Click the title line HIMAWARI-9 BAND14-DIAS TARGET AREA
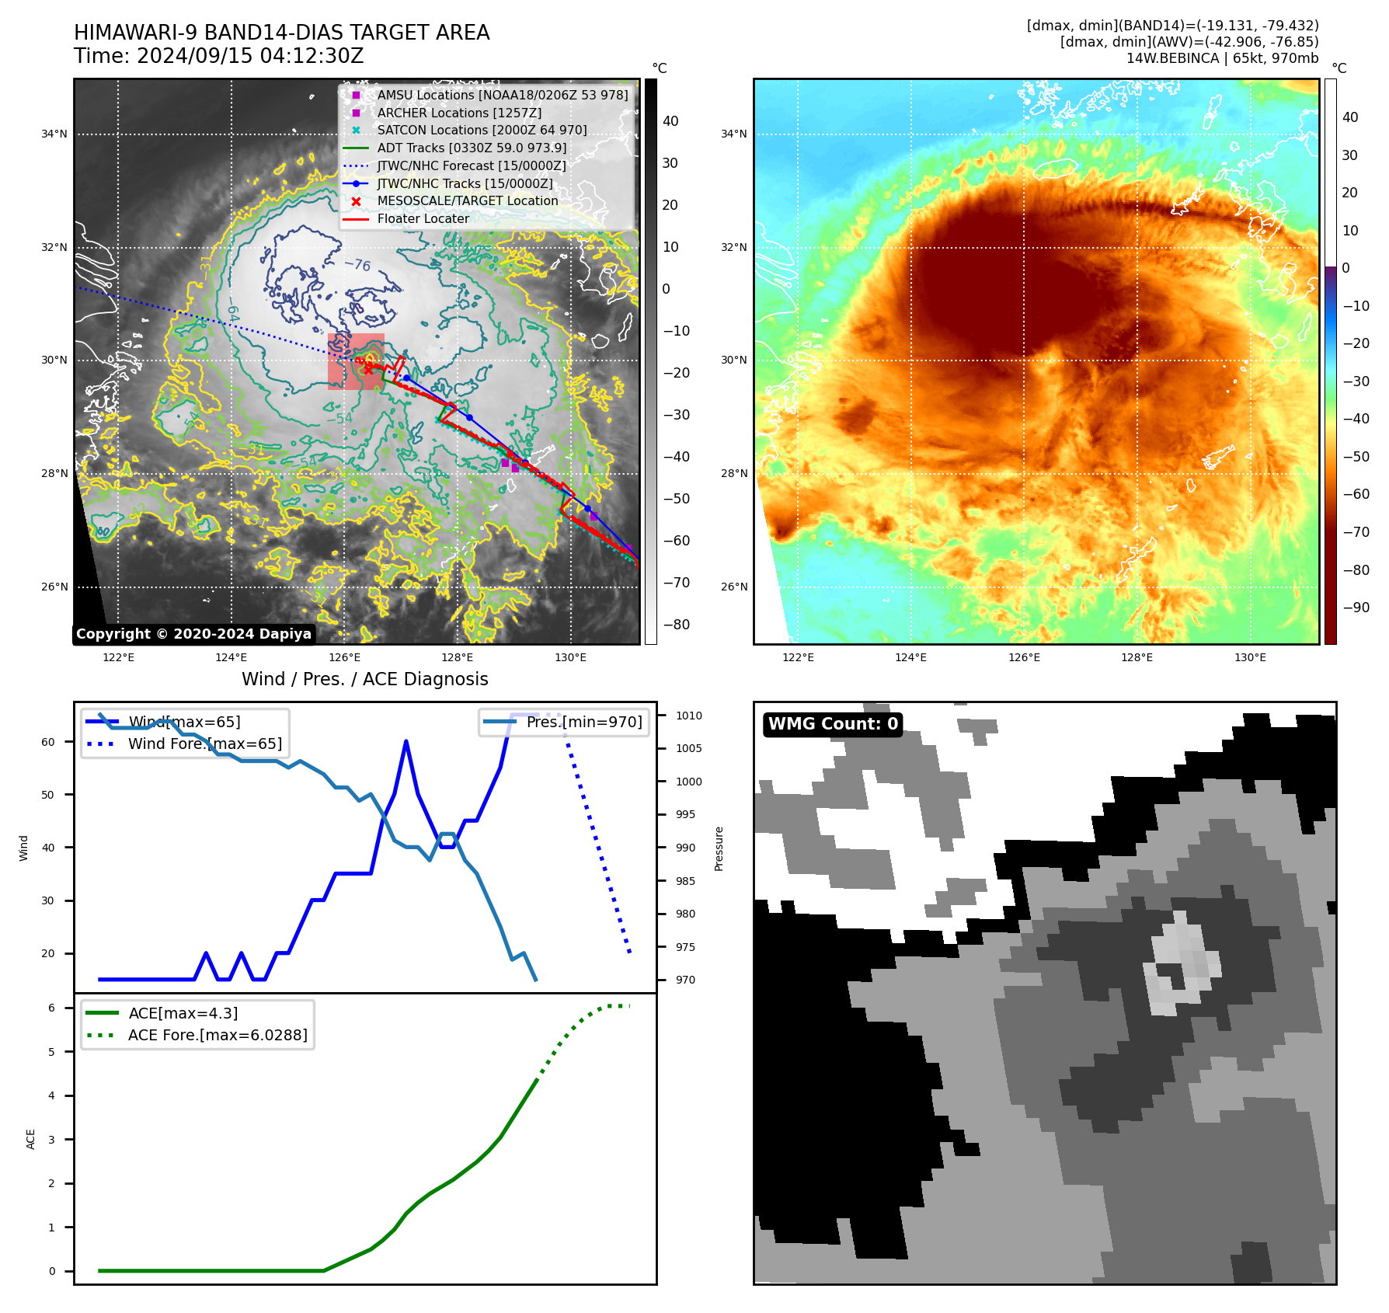click(281, 33)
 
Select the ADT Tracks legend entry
click(471, 148)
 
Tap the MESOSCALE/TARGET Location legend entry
click(467, 200)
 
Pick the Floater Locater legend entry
click(423, 218)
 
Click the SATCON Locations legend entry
click(482, 130)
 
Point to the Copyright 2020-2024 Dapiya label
click(193, 634)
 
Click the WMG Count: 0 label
click(833, 724)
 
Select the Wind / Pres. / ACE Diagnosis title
click(364, 679)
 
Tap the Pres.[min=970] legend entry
click(583, 722)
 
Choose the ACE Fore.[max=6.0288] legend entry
click(217, 1035)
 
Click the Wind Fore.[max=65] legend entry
click(204, 744)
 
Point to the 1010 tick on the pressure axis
click(688, 716)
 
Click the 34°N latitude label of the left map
click(54, 134)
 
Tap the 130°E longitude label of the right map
click(1250, 657)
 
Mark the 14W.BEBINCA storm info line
click(1222, 58)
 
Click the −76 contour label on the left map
click(357, 265)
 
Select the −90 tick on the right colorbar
click(1356, 608)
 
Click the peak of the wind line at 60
click(406, 742)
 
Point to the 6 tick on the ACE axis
click(52, 1008)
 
